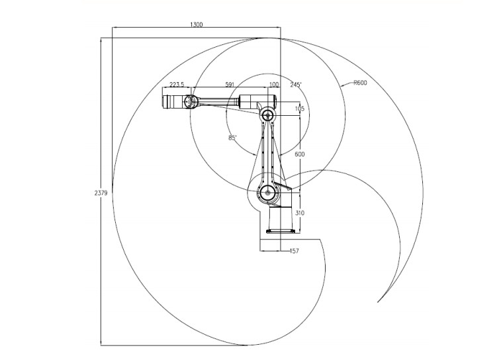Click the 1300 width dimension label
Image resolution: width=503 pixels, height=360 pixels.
click(196, 24)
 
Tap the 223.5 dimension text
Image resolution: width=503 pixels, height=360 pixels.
click(177, 85)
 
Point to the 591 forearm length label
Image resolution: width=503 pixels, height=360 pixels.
click(230, 85)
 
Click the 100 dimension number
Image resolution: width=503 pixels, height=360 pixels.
click(274, 85)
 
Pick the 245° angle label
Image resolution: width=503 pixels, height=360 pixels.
click(295, 85)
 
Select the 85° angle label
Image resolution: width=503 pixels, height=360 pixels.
click(232, 138)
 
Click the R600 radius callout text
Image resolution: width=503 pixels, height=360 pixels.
click(360, 83)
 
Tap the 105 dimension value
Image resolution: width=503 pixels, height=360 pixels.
click(299, 109)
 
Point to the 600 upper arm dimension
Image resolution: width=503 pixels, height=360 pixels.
click(299, 154)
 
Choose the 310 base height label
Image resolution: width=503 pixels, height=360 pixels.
click(299, 213)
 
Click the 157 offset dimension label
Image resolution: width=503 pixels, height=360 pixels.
click(295, 251)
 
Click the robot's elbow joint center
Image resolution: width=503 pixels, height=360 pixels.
click(268, 115)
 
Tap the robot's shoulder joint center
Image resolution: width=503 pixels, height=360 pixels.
click(268, 193)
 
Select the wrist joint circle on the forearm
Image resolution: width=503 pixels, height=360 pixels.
click(191, 102)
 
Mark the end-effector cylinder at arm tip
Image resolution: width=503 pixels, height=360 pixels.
click(174, 102)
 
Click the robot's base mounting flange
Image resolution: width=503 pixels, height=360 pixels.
click(281, 231)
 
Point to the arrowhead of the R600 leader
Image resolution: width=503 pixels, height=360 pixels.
click(341, 87)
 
